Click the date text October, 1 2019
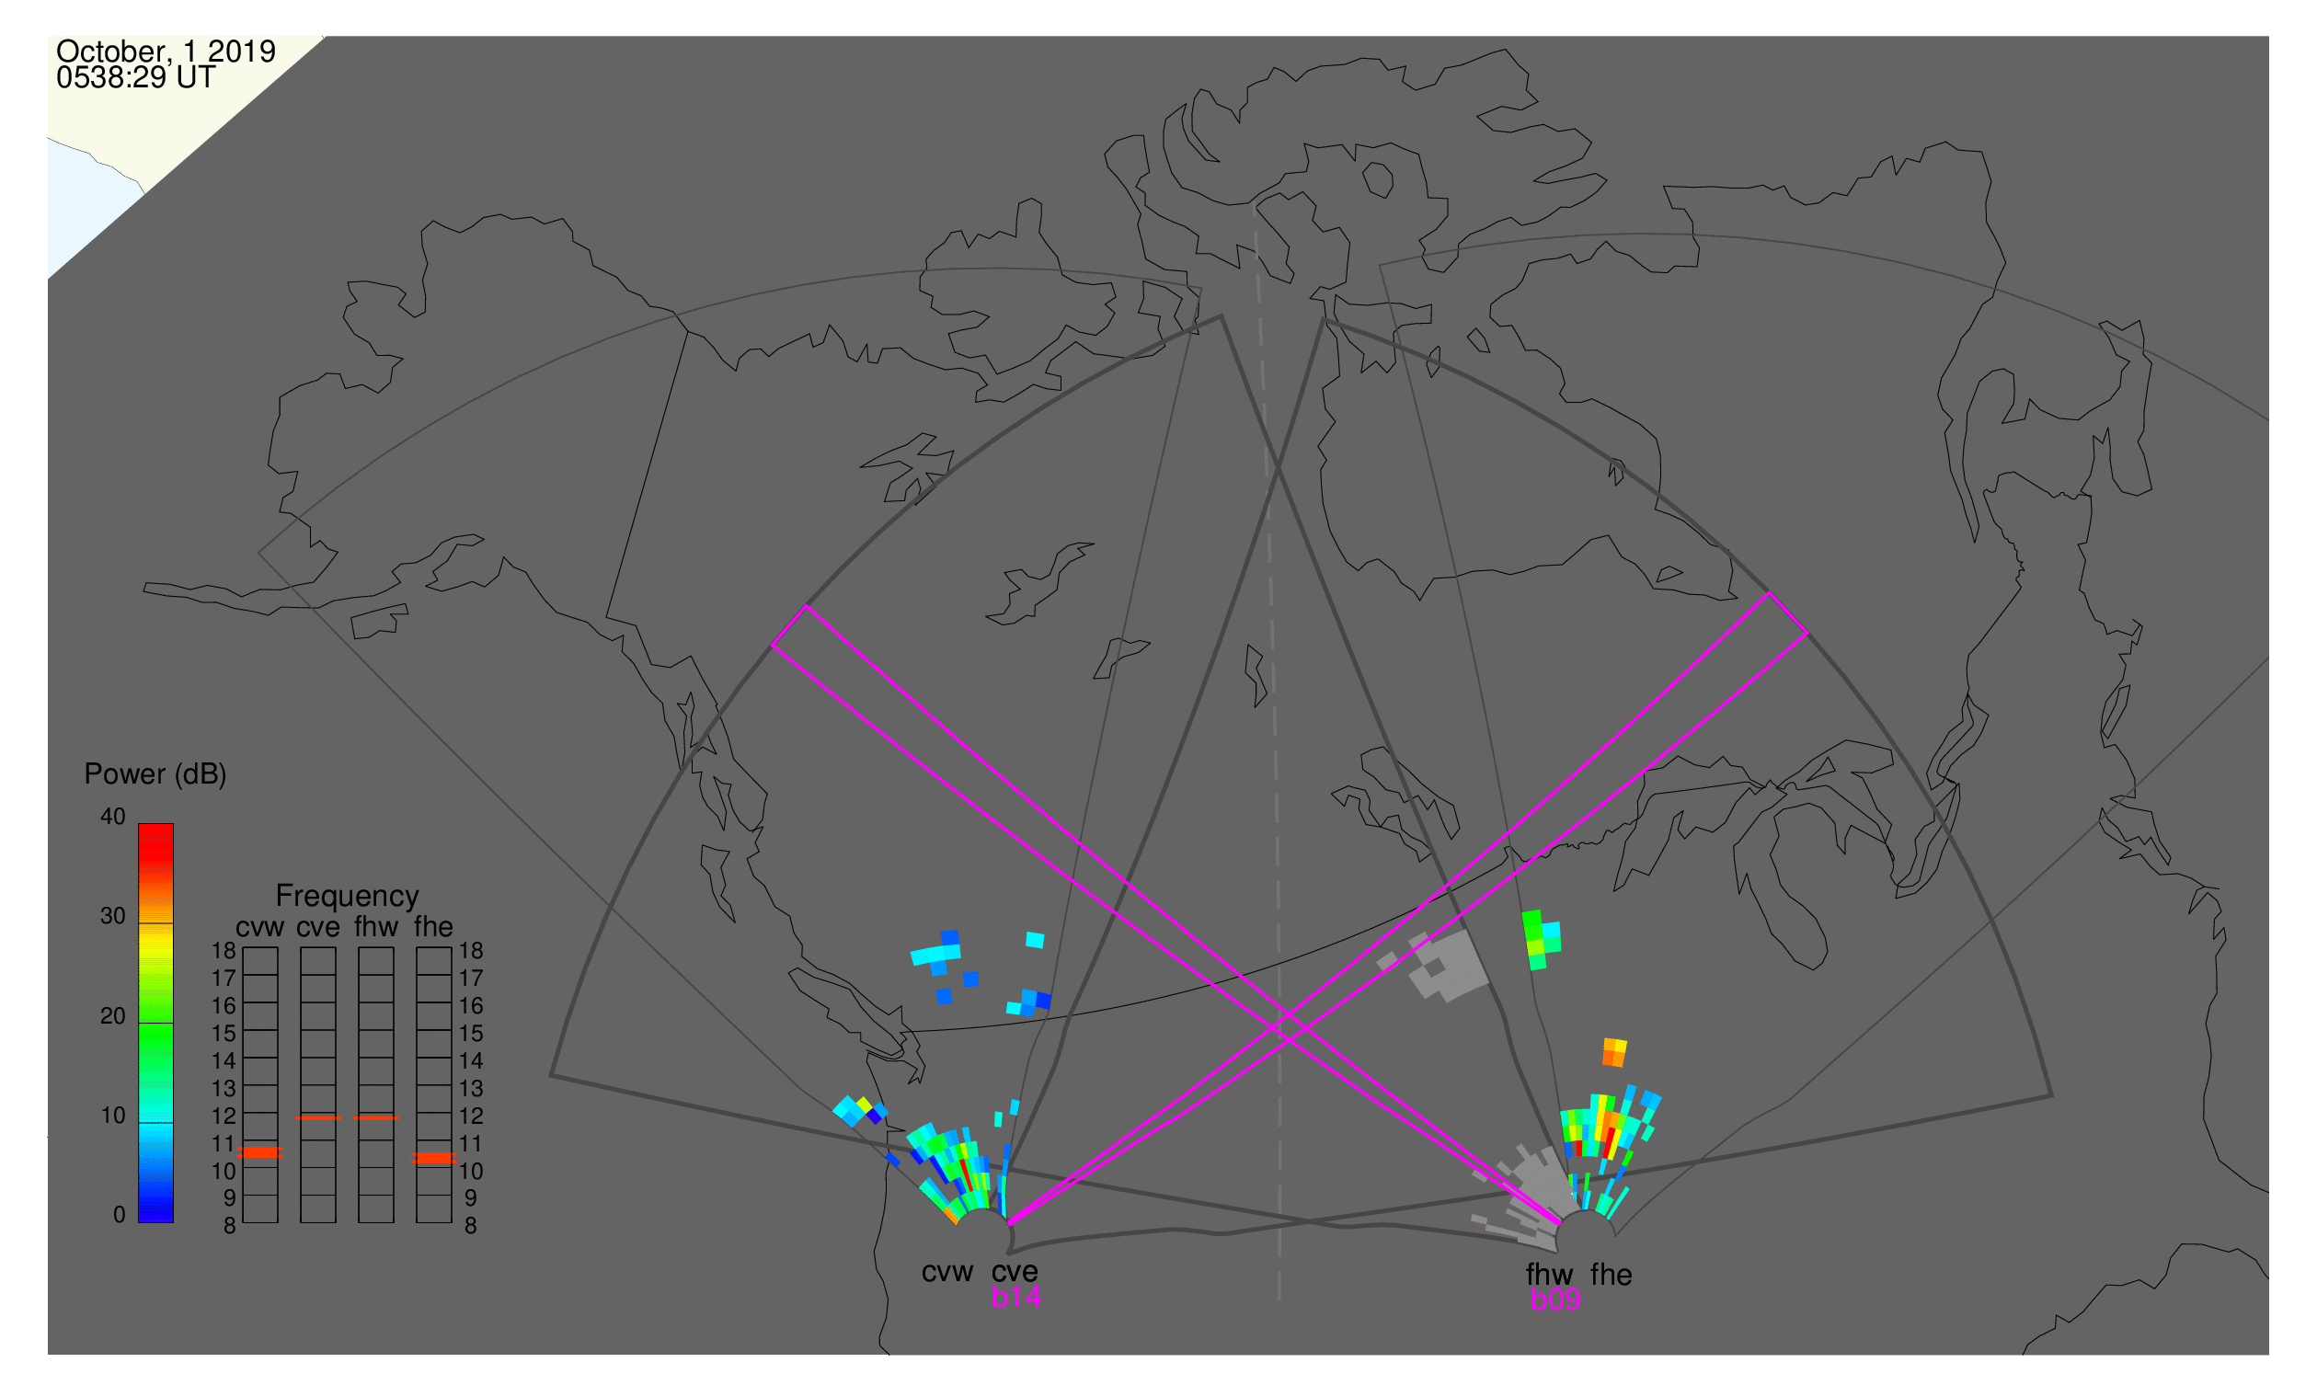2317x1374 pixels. (166, 51)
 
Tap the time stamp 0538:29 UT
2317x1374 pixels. (136, 77)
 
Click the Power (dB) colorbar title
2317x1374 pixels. (155, 775)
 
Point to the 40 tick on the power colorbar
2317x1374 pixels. (113, 817)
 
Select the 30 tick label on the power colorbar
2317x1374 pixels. (113, 917)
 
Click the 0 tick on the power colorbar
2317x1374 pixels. (120, 1216)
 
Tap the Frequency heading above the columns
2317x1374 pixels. (348, 897)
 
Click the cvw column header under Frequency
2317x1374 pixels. (260, 928)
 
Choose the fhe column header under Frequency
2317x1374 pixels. (433, 928)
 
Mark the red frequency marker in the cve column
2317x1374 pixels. (318, 1118)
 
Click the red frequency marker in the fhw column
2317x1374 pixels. (377, 1118)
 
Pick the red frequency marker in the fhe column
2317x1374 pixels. (434, 1158)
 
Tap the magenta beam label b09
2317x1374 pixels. (1555, 1300)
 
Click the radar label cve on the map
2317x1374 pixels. (1015, 1273)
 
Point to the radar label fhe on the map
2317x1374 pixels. (1612, 1275)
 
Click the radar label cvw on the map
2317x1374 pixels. (947, 1273)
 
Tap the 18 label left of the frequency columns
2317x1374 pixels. (224, 951)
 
